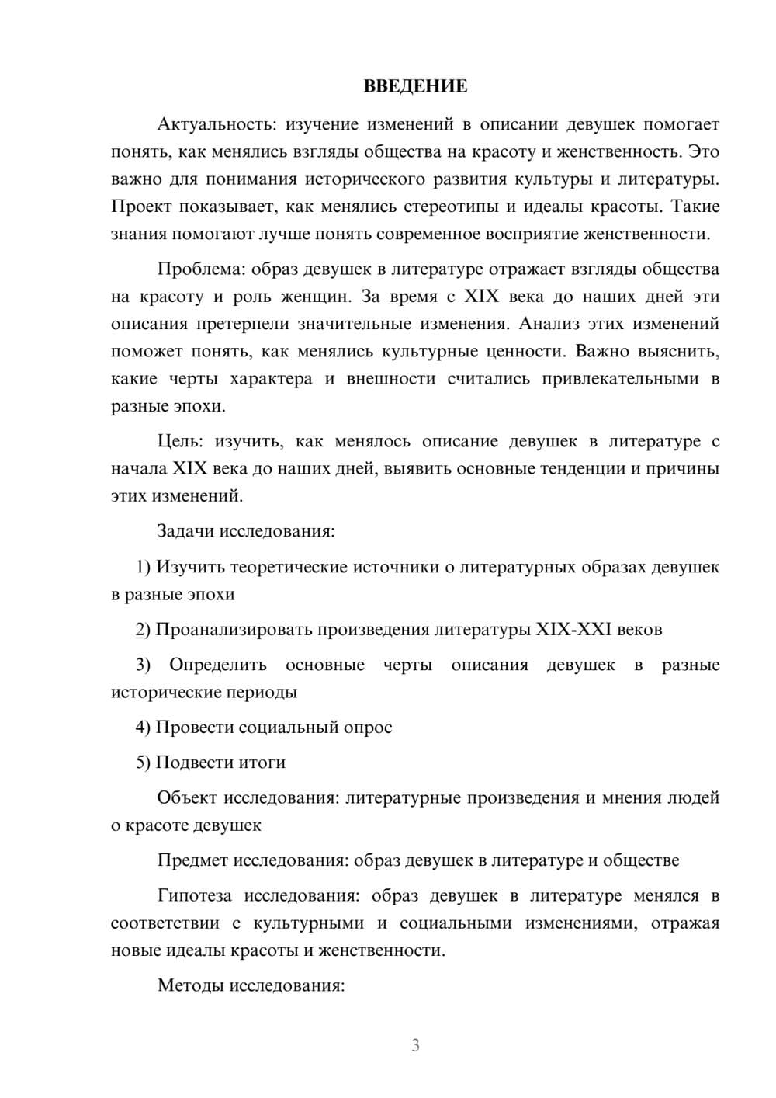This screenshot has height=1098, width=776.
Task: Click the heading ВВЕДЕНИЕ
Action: (415, 86)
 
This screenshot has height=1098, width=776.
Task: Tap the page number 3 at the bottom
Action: (415, 1045)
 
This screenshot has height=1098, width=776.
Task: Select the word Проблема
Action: (193, 269)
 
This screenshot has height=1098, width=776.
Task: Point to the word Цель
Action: (180, 442)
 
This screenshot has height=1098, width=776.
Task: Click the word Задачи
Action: (186, 532)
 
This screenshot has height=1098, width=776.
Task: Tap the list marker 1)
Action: (144, 567)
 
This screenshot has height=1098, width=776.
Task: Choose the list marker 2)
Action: (144, 630)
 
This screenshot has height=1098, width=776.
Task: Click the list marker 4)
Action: (144, 728)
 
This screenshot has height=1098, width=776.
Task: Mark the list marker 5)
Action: (144, 763)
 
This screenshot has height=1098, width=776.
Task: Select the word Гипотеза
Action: (194, 896)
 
